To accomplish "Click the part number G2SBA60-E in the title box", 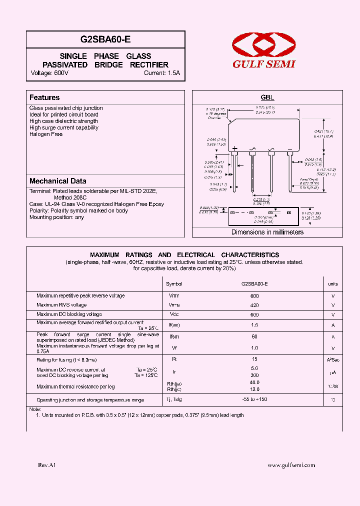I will [105, 39].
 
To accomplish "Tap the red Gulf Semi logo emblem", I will [263, 45].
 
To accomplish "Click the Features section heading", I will [44, 97].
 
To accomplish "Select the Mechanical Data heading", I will [57, 181].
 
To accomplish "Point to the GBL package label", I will [267, 98].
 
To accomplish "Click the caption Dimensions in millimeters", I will [267, 232].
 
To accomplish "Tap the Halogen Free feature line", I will [46, 134].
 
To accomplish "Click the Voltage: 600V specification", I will [49, 73].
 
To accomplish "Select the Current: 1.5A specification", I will [161, 73].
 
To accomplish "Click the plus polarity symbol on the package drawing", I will [234, 148].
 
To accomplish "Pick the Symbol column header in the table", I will [174, 284].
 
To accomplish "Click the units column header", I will [333, 284].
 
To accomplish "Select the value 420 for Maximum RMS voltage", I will [254, 305].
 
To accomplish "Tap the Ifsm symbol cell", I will [174, 337].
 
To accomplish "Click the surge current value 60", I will [254, 337].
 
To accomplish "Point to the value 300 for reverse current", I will [254, 375].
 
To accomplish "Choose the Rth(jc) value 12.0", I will [254, 389].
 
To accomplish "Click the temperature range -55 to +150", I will [254, 400].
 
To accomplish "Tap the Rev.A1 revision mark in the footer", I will [47, 465].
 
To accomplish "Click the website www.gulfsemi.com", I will [291, 465].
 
